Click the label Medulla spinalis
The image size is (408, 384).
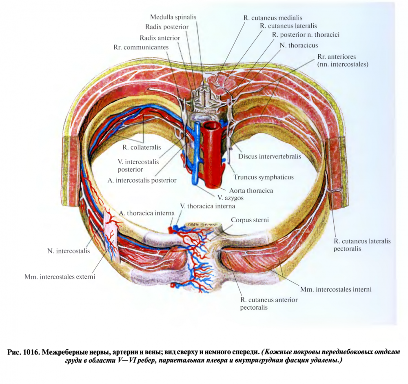pyautogui.click(x=173, y=17)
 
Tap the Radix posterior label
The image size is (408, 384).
pyautogui.click(x=167, y=27)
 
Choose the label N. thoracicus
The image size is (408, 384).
pyautogui.click(x=299, y=45)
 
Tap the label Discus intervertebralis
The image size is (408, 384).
pyautogui.click(x=270, y=156)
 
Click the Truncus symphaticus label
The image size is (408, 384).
pyautogui.click(x=264, y=177)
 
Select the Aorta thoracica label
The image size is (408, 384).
pyautogui.click(x=251, y=190)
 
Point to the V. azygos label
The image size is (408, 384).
pyautogui.click(x=226, y=197)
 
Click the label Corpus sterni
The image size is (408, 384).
pyautogui.click(x=250, y=220)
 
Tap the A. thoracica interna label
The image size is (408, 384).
pyautogui.click(x=147, y=213)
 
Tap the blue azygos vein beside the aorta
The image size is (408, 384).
pyautogui.click(x=197, y=155)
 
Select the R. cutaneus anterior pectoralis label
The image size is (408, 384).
pyautogui.click(x=269, y=304)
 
